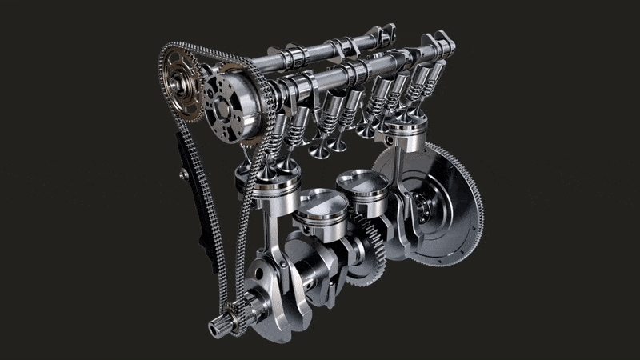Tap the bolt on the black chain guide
[x=185, y=173]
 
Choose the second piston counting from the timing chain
[x=320, y=210]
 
